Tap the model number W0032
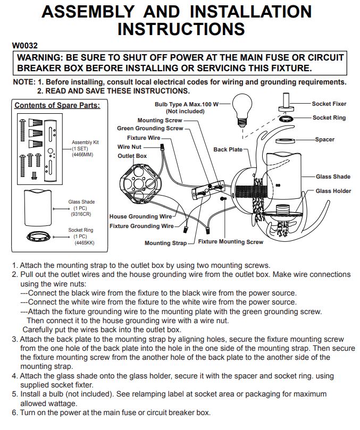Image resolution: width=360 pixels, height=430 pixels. coord(24,46)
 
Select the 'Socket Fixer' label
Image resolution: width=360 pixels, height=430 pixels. coord(329,104)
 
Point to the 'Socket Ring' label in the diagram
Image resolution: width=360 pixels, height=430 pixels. coord(329,117)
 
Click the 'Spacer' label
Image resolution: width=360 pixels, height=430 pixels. coord(324,139)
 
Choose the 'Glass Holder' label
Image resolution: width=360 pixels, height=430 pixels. coord(333,191)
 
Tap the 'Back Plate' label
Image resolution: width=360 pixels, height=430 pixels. coord(228,149)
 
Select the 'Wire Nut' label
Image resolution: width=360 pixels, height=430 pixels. coord(129,147)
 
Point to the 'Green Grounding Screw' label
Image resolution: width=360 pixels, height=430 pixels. coord(150,128)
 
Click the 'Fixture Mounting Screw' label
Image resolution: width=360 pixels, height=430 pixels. coord(230,242)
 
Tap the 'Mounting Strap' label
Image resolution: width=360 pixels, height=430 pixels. coord(165,243)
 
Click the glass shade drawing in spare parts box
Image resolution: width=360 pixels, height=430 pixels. coord(38,208)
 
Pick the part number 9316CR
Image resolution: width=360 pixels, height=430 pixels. coord(81,214)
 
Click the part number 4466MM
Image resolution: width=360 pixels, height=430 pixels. coord(82,155)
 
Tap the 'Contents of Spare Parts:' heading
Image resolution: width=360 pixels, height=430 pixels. coord(57,105)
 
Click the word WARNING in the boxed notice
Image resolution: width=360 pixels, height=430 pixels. coord(40,58)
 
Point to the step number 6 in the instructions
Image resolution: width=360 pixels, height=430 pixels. coord(14,412)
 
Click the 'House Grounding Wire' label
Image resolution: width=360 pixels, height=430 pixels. coord(140,216)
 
